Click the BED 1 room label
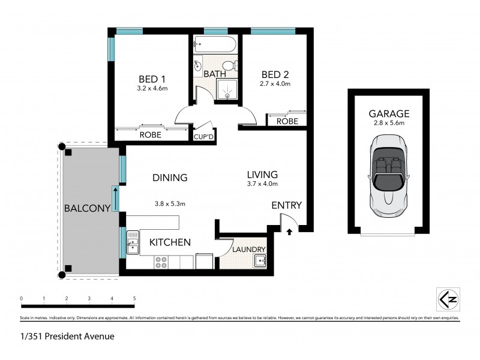[152, 79]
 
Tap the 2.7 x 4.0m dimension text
[275, 84]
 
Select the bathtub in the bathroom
[215, 44]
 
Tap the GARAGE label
[389, 113]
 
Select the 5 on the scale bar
[134, 298]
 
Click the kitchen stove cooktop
[161, 262]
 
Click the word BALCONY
[88, 209]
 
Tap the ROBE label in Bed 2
[287, 121]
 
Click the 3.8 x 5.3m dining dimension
[169, 204]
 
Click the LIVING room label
[262, 175]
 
